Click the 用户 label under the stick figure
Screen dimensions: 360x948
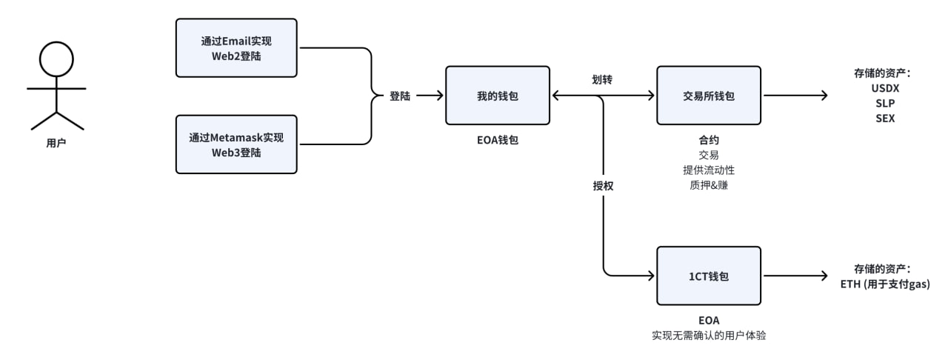[x=56, y=143]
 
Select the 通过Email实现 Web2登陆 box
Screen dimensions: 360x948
[x=236, y=48]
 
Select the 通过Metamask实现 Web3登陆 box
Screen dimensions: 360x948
[x=236, y=144]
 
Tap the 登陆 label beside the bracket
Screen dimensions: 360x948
[x=400, y=96]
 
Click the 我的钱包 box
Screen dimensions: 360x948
[x=497, y=96]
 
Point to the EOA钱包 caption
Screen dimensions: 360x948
[x=497, y=139]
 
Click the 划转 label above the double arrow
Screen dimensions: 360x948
[x=602, y=79]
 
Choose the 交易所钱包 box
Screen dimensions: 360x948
[x=709, y=96]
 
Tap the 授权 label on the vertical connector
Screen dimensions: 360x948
[x=604, y=187]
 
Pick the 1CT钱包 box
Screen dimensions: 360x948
[x=709, y=276]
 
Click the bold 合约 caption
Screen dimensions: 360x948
[x=709, y=139]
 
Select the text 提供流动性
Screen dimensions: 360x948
[x=709, y=170]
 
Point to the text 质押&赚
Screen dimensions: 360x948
[x=709, y=185]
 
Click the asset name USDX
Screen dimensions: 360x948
[x=885, y=88]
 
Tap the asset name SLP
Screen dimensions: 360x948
[x=885, y=103]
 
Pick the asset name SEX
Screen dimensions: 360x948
[x=885, y=118]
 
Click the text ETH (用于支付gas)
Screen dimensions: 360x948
[x=886, y=284]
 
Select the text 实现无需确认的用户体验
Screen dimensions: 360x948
[x=709, y=336]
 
